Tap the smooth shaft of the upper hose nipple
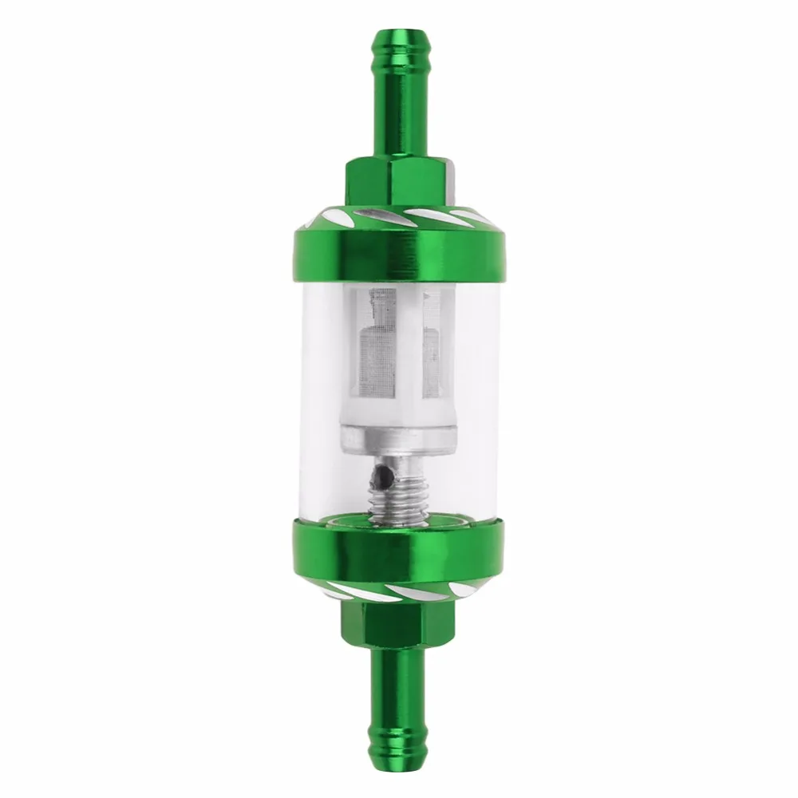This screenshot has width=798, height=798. click(x=396, y=112)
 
